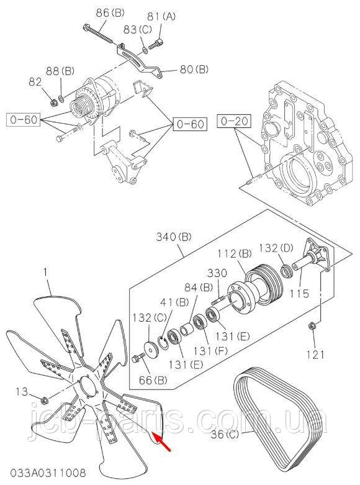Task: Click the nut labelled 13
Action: coord(45,398)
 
